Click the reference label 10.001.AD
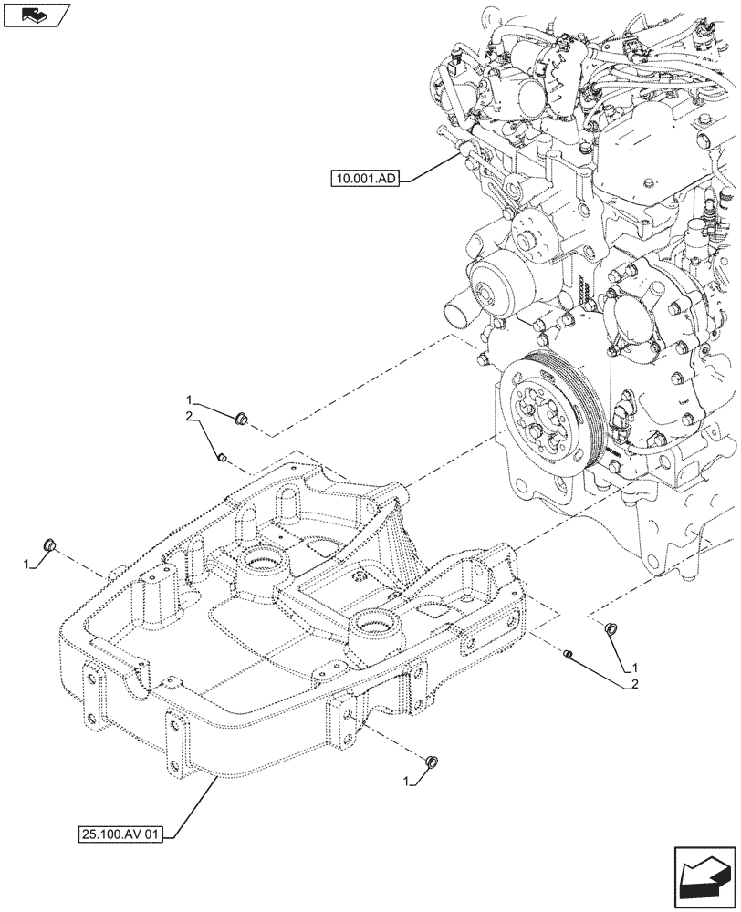pyautogui.click(x=364, y=180)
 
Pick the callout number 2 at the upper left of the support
pyautogui.click(x=189, y=417)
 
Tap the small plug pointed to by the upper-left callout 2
pyautogui.click(x=222, y=456)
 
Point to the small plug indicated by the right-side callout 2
pyautogui.click(x=568, y=653)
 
